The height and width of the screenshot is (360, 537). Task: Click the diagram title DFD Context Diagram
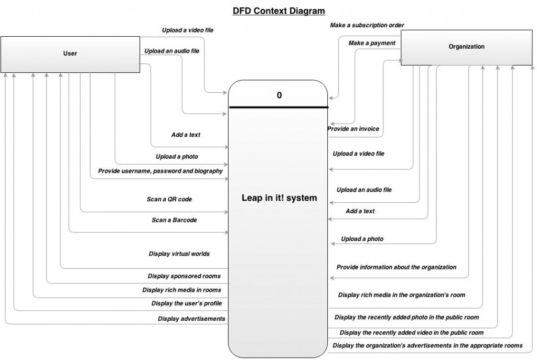pyautogui.click(x=279, y=10)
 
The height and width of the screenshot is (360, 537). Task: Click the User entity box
pyautogui.click(x=70, y=53)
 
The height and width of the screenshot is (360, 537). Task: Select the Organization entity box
pyautogui.click(x=466, y=47)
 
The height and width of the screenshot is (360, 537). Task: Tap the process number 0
pyautogui.click(x=279, y=95)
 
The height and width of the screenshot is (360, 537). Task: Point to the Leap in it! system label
pyautogui.click(x=279, y=198)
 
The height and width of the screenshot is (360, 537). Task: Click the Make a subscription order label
pyautogui.click(x=367, y=25)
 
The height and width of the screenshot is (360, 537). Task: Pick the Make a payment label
pyautogui.click(x=372, y=43)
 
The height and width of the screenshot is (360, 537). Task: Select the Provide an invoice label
pyautogui.click(x=353, y=129)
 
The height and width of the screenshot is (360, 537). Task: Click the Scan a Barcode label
pyautogui.click(x=174, y=220)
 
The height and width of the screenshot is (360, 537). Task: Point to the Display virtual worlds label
pyautogui.click(x=179, y=254)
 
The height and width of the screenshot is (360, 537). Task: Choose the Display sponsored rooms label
pyautogui.click(x=184, y=276)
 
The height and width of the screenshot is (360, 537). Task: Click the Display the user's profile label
pyautogui.click(x=187, y=303)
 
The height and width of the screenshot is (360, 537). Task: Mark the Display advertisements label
pyautogui.click(x=191, y=319)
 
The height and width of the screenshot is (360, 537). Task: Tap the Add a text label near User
pyautogui.click(x=186, y=135)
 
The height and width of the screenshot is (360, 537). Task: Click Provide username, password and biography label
pyautogui.click(x=160, y=171)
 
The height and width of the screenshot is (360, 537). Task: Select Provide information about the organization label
pyautogui.click(x=396, y=267)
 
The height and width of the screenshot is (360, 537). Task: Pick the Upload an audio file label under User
pyautogui.click(x=171, y=51)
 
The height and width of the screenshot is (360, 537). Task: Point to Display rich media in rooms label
pyautogui.click(x=181, y=290)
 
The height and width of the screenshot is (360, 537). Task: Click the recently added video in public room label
pyautogui.click(x=411, y=333)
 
